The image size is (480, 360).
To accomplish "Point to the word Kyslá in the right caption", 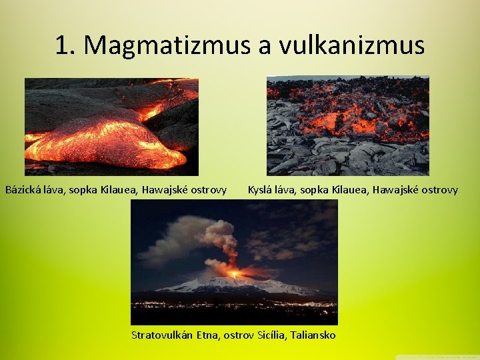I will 261,190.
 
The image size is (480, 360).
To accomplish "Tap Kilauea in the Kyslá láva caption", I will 351,190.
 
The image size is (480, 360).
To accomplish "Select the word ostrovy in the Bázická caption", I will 207,190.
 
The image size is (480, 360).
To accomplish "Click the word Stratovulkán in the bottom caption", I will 162,334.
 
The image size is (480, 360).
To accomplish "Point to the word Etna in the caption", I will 207,334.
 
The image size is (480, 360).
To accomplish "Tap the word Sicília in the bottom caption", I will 271,334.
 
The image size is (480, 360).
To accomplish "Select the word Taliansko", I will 313,334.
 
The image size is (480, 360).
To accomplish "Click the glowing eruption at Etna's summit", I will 233,273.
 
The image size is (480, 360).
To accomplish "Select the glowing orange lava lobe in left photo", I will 107,143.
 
